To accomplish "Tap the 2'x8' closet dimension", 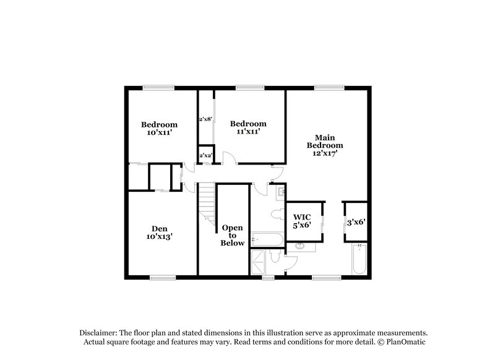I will click(205, 119).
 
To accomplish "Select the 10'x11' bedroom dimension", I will click(159, 131).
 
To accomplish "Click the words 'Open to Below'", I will click(233, 235).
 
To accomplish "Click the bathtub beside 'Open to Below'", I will click(267, 238).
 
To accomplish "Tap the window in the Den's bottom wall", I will click(160, 277).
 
